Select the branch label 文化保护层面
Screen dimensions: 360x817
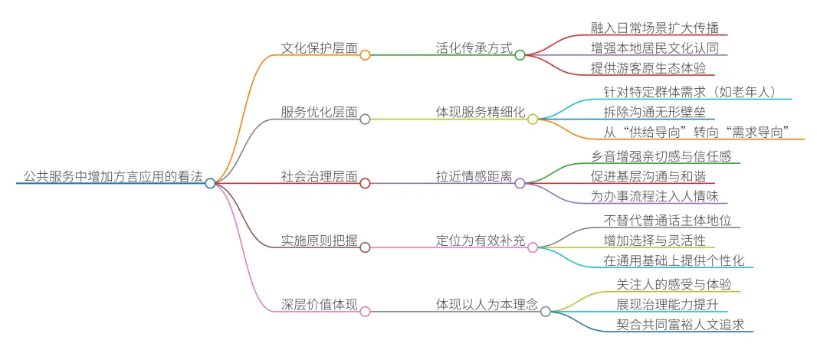click(x=319, y=48)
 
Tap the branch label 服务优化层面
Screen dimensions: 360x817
click(x=319, y=113)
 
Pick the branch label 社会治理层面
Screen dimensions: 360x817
click(x=319, y=177)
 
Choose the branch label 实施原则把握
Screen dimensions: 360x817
click(x=319, y=241)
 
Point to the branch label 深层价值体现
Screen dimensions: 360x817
click(x=319, y=305)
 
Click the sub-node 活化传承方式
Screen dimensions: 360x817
click(x=473, y=48)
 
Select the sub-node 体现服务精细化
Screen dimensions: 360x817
click(x=481, y=113)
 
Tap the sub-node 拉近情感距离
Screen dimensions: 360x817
click(x=473, y=177)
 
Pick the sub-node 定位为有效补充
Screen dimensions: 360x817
click(x=481, y=241)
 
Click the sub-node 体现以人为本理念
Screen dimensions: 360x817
click(x=487, y=305)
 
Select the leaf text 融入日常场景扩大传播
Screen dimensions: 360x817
click(x=654, y=27)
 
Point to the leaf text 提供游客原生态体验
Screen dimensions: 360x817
click(x=647, y=67)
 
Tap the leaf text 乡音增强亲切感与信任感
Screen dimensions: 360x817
click(x=660, y=155)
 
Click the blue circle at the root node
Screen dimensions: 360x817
click(x=211, y=183)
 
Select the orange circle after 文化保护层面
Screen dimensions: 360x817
click(x=366, y=54)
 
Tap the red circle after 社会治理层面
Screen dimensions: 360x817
click(x=366, y=183)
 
